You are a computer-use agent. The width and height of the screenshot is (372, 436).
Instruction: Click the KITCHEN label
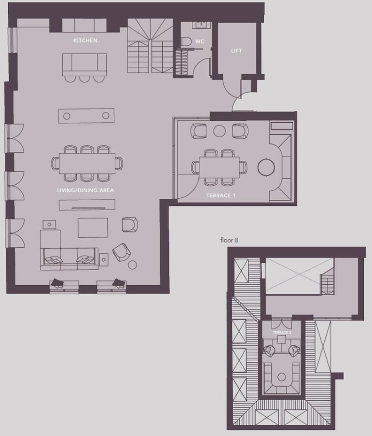(x=85, y=41)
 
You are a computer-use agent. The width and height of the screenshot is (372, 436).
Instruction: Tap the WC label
(x=200, y=41)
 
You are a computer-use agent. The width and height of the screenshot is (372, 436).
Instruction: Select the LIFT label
(x=236, y=51)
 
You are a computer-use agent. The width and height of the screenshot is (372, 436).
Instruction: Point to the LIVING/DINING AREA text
(x=85, y=191)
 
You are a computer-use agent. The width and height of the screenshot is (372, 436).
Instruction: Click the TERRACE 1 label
(x=221, y=195)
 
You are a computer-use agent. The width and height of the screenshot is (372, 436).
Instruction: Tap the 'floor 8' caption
(x=229, y=240)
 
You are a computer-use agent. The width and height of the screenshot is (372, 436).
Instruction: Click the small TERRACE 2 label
(x=282, y=333)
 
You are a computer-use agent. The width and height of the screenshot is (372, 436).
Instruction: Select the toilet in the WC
(x=186, y=42)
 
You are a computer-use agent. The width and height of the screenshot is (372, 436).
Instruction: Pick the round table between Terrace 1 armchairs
(x=219, y=131)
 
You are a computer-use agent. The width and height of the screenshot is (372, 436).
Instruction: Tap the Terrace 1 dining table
(x=219, y=167)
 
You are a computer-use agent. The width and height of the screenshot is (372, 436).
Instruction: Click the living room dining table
(x=87, y=163)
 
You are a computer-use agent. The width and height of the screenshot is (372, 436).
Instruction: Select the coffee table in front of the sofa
(x=93, y=228)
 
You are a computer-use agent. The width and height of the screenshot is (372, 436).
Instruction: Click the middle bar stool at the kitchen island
(x=84, y=79)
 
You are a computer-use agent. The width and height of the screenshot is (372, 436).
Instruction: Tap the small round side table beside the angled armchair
(x=133, y=265)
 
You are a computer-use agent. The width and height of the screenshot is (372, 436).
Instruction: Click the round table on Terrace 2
(x=282, y=377)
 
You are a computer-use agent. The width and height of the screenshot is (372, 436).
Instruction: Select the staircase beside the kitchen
(x=150, y=46)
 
